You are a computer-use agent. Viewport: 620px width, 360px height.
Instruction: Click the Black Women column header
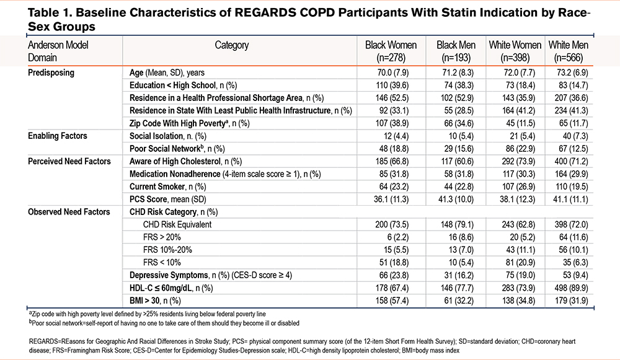(391, 51)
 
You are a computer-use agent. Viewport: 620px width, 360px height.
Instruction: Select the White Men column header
(568, 51)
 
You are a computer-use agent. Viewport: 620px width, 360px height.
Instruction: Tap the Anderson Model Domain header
(58, 51)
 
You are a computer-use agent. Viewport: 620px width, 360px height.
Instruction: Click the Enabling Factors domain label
(57, 136)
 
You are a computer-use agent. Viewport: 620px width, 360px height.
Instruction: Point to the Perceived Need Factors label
(69, 161)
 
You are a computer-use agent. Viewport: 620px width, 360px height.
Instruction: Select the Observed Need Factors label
(69, 212)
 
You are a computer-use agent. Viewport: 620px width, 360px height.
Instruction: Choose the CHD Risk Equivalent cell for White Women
(518, 224)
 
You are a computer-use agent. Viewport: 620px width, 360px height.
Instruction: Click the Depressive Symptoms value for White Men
(575, 275)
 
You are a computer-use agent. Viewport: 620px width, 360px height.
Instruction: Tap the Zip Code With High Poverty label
(189, 123)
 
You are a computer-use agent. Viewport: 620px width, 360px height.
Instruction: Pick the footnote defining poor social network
(164, 323)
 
